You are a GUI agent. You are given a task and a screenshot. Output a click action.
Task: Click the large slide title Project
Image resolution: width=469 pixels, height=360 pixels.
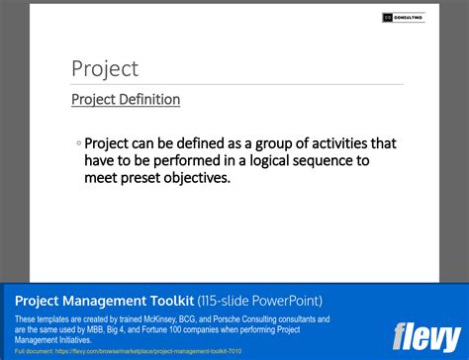[x=105, y=69]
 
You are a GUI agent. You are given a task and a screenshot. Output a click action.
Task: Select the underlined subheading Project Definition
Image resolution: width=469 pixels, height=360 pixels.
[x=126, y=100]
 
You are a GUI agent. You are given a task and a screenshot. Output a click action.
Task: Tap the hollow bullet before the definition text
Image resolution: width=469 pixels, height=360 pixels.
[x=78, y=143]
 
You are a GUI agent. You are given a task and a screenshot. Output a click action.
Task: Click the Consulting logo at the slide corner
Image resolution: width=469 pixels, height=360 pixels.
[x=403, y=17]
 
